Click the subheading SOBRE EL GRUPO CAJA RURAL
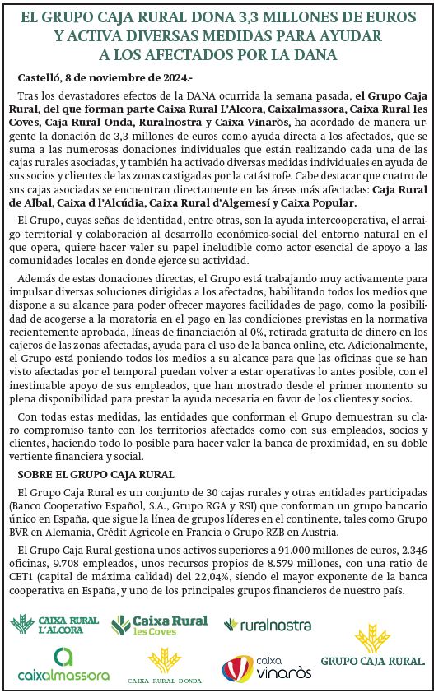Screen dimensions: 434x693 click(96, 474)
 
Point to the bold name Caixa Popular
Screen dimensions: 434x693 click(318, 202)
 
